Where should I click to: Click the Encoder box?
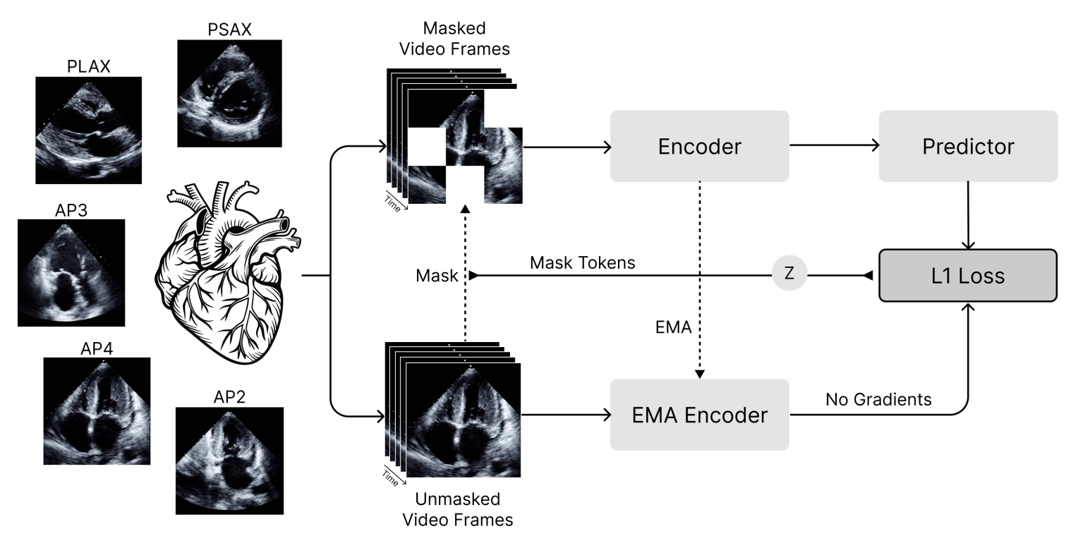pyautogui.click(x=699, y=146)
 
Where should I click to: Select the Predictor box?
pyautogui.click(x=968, y=146)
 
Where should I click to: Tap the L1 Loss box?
pyautogui.click(x=968, y=276)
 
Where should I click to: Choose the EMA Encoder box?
pyautogui.click(x=699, y=415)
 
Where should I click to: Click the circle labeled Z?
pyautogui.click(x=789, y=274)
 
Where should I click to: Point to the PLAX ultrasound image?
pyautogui.click(x=89, y=130)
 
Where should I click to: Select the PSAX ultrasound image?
pyautogui.click(x=229, y=93)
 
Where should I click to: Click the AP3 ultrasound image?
pyautogui.click(x=71, y=273)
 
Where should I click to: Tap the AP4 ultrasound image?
pyautogui.click(x=97, y=411)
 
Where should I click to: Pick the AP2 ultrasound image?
pyautogui.click(x=229, y=461)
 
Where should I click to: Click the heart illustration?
pyautogui.click(x=228, y=272)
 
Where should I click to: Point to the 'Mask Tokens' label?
pyautogui.click(x=582, y=262)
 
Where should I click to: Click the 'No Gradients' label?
pyautogui.click(x=878, y=399)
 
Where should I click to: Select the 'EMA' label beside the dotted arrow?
pyautogui.click(x=673, y=327)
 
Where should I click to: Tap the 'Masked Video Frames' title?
pyautogui.click(x=454, y=39)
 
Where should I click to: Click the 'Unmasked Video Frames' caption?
pyautogui.click(x=458, y=509)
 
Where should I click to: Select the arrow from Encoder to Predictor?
pyautogui.click(x=835, y=145)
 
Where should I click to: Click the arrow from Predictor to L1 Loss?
pyautogui.click(x=968, y=216)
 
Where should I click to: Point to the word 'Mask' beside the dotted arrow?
pyautogui.click(x=437, y=276)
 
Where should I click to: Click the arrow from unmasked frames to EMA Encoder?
pyautogui.click(x=566, y=415)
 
